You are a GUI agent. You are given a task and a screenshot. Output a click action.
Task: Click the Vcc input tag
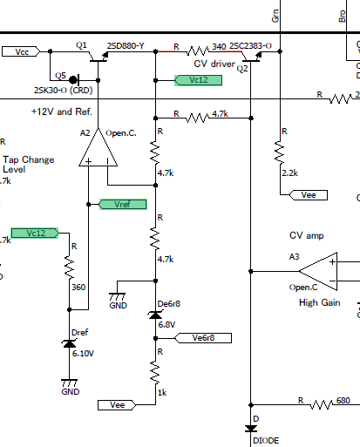coord(21,51)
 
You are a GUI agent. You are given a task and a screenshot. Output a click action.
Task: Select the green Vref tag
coord(123,205)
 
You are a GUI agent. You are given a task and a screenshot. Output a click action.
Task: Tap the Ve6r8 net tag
coord(203,338)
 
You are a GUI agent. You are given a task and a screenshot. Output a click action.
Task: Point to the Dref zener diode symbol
coord(69,344)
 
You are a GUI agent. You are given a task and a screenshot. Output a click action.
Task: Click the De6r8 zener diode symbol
coord(155,315)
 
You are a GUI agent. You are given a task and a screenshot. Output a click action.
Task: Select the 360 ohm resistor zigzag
coord(70,268)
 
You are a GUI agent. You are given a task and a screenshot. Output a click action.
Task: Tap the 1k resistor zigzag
coord(155,373)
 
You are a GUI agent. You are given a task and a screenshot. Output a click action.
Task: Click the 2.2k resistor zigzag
coord(280,152)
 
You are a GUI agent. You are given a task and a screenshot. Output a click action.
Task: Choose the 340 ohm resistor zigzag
coord(198,51)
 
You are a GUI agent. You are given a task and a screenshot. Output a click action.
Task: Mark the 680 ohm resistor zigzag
coord(322,404)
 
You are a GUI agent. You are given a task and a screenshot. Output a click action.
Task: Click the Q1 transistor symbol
coord(98,57)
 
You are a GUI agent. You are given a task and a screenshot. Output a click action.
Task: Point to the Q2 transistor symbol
coord(251,57)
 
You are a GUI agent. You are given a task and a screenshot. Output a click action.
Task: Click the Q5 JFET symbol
coord(74,79)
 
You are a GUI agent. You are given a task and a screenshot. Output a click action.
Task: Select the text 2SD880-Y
coord(126,46)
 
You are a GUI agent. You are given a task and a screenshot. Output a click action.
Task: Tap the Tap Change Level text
coord(29,165)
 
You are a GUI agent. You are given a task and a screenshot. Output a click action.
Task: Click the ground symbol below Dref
coord(70,383)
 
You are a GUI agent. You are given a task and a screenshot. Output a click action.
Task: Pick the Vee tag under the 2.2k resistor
coord(309,195)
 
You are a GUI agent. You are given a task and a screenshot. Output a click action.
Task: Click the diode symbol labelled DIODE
coord(251,429)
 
